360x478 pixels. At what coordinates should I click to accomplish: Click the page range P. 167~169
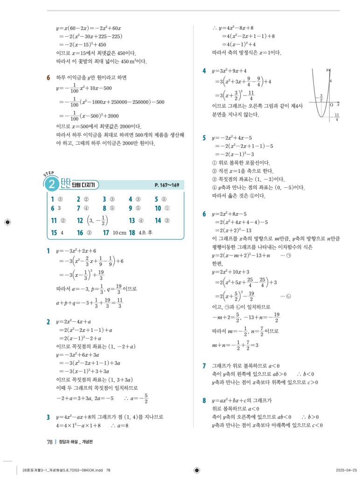(166, 185)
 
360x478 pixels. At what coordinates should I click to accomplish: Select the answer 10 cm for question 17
(120, 232)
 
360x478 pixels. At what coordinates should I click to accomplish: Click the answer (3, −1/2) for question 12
(99, 220)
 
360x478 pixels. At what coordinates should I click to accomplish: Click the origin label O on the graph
(331, 105)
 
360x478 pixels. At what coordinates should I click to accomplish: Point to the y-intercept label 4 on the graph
(331, 81)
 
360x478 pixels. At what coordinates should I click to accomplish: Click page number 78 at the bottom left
(49, 443)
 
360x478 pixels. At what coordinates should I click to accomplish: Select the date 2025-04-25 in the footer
(346, 470)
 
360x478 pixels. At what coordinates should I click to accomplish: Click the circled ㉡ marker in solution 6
(289, 296)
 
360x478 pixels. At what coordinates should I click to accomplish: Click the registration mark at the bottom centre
(196, 470)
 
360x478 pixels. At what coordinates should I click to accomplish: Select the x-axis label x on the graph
(338, 105)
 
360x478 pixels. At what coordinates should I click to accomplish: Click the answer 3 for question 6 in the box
(60, 208)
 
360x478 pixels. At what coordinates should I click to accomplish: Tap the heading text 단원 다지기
(83, 185)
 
